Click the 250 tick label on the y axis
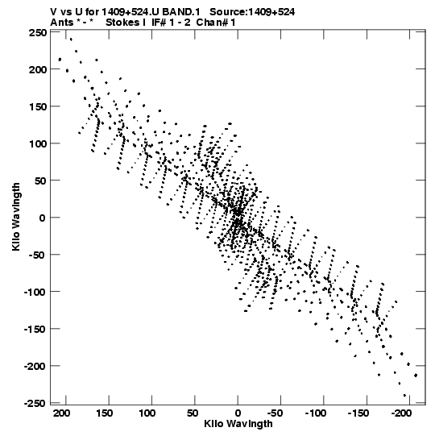(38, 33)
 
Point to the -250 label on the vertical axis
(35, 403)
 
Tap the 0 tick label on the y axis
(42, 218)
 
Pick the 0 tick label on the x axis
(238, 413)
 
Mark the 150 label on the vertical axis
(38, 106)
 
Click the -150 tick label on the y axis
(35, 329)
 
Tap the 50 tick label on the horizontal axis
(193, 413)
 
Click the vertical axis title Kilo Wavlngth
(16, 217)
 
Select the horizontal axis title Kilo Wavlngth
(238, 424)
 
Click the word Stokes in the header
(122, 23)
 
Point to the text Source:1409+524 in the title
(252, 12)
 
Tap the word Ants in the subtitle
(62, 23)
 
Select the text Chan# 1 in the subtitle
(216, 23)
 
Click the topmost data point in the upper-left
(71, 39)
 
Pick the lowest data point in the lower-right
(404, 396)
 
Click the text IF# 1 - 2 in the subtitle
(171, 23)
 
